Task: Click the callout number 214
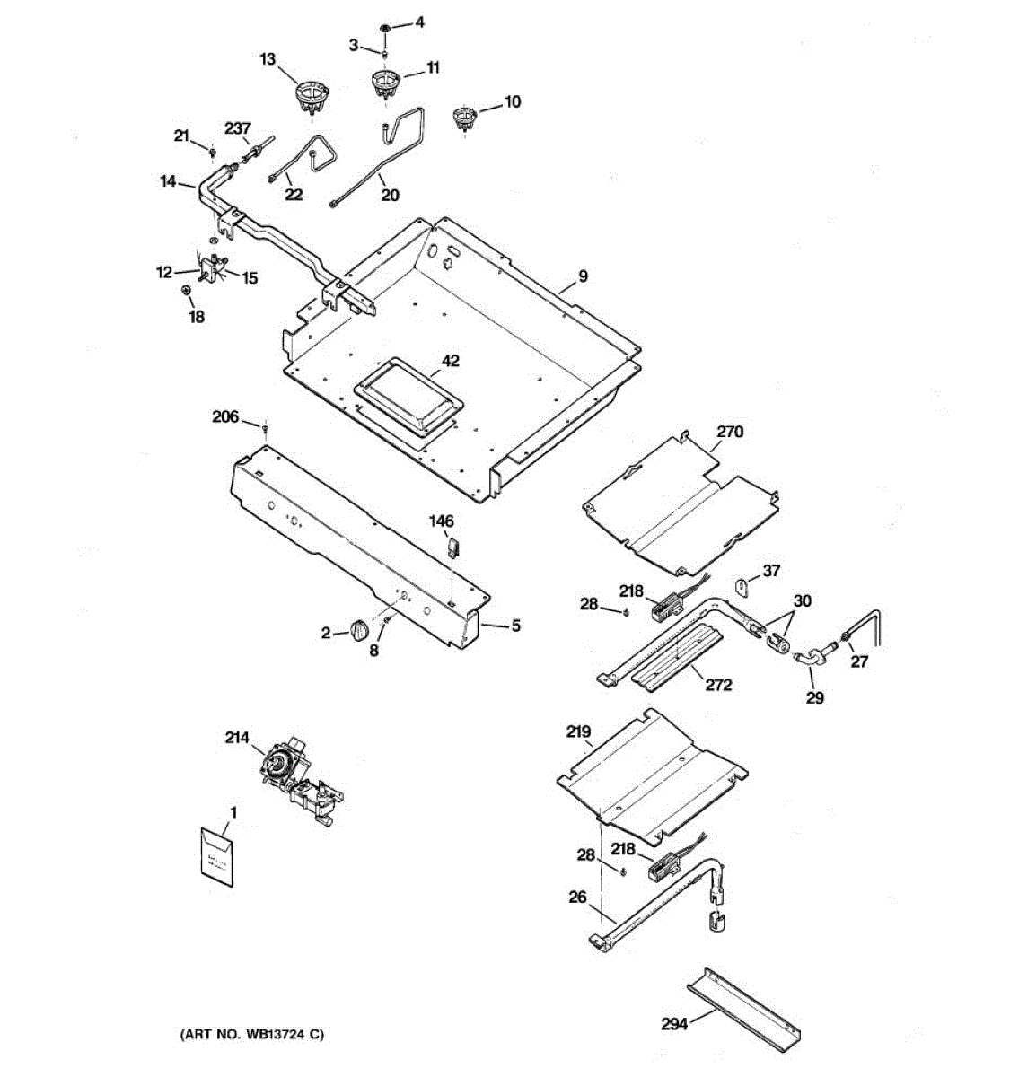coord(237,738)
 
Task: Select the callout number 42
coord(450,361)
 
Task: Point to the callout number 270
coord(730,431)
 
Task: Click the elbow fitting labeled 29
coord(811,659)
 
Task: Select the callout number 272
coord(718,685)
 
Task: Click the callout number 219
coord(579,731)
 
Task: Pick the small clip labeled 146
coord(452,547)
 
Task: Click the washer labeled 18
coord(187,291)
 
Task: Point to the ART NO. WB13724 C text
coord(254,1035)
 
